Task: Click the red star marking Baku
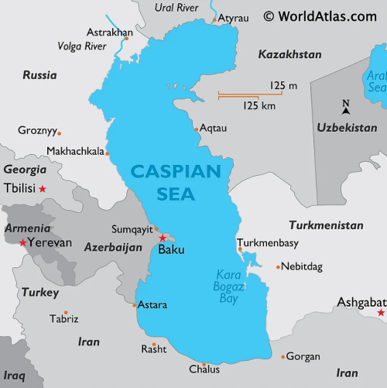[162, 238]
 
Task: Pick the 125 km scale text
[259, 105]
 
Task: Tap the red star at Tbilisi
[43, 189]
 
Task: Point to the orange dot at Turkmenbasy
[240, 249]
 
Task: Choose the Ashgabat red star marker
[380, 313]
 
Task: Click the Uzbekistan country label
[347, 127]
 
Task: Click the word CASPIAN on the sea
[176, 171]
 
